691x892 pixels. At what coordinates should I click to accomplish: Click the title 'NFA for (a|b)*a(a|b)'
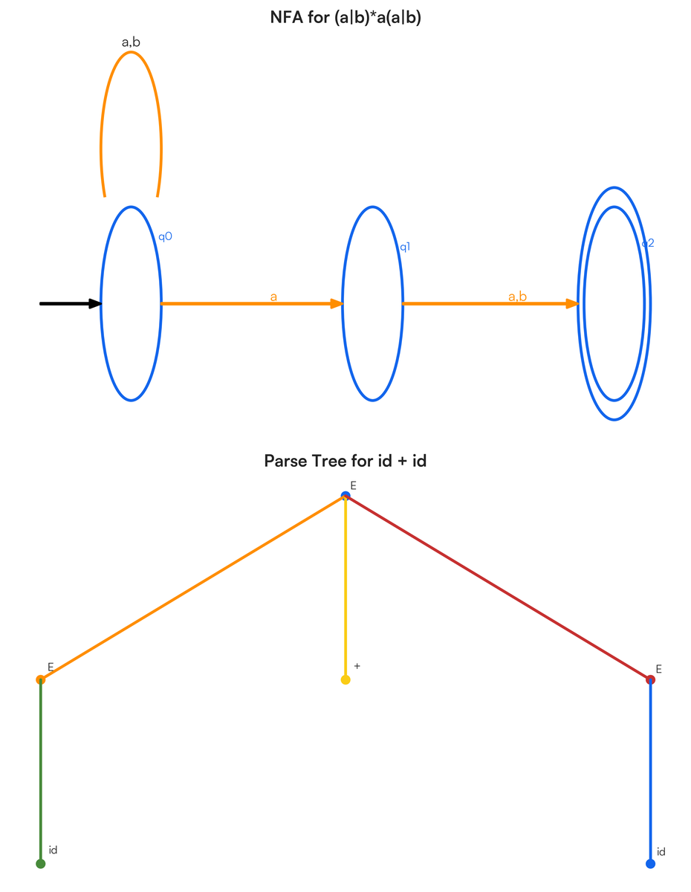(x=345, y=17)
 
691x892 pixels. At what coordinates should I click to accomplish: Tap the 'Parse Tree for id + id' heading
(x=345, y=461)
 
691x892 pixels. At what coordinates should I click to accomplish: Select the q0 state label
(x=165, y=237)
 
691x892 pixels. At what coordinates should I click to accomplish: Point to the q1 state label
(x=405, y=247)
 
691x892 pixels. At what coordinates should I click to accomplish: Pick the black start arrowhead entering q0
(x=95, y=304)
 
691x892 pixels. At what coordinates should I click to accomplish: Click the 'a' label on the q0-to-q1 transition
(x=273, y=297)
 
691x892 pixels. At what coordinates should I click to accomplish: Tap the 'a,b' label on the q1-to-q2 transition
(x=517, y=297)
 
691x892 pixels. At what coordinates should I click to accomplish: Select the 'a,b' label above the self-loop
(x=131, y=42)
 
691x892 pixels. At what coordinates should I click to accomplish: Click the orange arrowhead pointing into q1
(x=337, y=304)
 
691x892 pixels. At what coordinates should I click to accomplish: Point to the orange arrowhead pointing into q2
(x=572, y=304)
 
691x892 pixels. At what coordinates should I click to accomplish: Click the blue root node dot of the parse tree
(x=345, y=496)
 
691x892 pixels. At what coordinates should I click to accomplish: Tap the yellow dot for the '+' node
(x=345, y=679)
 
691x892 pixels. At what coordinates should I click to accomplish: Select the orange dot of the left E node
(x=41, y=679)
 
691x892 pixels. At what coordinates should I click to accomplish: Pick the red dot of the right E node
(x=650, y=679)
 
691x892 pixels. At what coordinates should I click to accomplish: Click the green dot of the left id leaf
(x=41, y=864)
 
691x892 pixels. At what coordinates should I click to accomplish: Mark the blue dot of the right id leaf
(x=650, y=864)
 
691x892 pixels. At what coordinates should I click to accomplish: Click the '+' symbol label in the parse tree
(x=357, y=666)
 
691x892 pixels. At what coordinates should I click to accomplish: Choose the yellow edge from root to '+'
(x=345, y=588)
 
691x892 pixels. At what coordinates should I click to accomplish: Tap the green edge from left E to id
(x=41, y=772)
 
